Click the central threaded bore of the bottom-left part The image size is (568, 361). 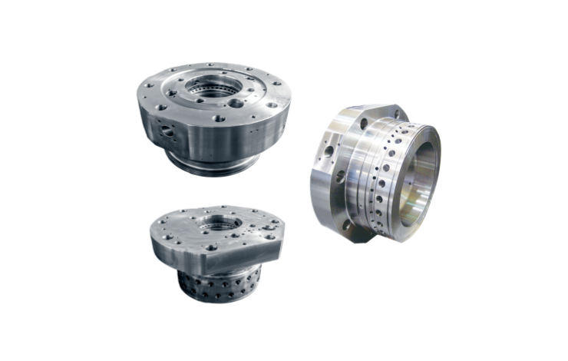click(x=211, y=225)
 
